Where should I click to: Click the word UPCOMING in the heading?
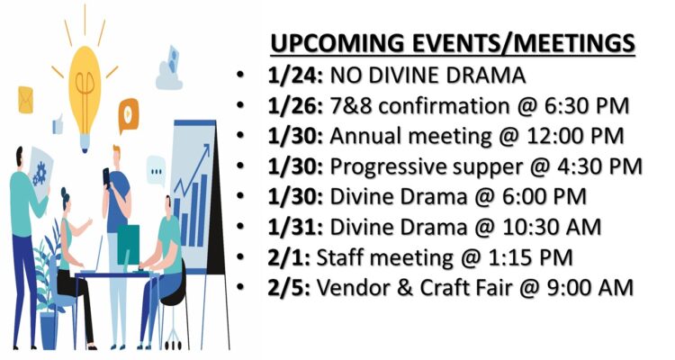click(x=337, y=43)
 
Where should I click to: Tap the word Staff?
click(x=340, y=257)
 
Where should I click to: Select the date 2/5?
click(x=288, y=287)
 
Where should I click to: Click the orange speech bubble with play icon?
click(x=129, y=114)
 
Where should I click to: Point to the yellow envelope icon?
click(x=25, y=100)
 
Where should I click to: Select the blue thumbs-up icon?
click(x=58, y=124)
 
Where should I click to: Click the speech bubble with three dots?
click(x=156, y=171)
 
